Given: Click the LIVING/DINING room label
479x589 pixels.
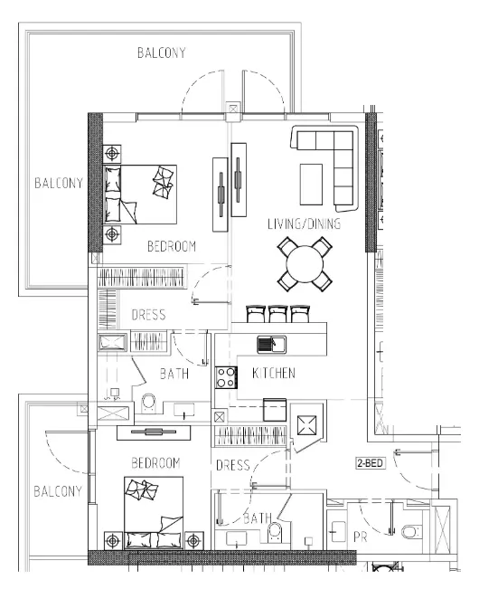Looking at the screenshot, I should tap(304, 223).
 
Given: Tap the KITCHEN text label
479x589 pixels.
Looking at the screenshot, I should tap(273, 373).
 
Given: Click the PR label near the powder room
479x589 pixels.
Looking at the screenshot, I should tap(360, 537).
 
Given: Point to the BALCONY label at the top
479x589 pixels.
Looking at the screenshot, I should tap(161, 52).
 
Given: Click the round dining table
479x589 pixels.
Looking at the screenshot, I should tap(304, 264).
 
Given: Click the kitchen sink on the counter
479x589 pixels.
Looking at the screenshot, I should tap(269, 344).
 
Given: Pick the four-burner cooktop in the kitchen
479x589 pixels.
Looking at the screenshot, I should tap(225, 377).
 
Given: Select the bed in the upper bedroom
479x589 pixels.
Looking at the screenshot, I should tap(140, 193).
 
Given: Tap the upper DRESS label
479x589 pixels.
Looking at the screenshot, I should tap(147, 316).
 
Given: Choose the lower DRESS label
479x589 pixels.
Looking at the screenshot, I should tap(232, 466).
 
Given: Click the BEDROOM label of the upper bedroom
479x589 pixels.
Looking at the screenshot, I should tap(172, 246).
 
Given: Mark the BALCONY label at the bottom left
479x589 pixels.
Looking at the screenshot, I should tap(58, 492).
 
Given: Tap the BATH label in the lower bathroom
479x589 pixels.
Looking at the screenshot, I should tap(258, 518).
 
